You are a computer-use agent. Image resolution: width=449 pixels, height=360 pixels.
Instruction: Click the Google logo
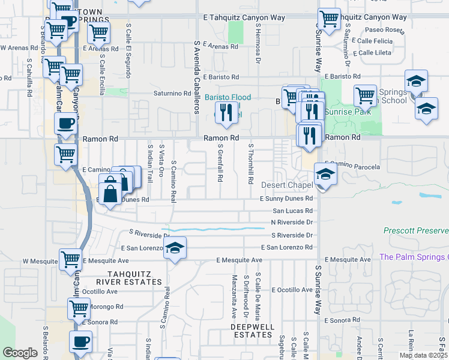point(20,353)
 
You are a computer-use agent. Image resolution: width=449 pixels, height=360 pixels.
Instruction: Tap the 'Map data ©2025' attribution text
point(423,355)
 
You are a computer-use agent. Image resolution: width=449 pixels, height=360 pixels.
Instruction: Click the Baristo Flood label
point(228,97)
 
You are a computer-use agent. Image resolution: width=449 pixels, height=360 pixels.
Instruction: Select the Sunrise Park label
point(346,112)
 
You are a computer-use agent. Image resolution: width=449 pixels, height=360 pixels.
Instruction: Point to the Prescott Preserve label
point(416,230)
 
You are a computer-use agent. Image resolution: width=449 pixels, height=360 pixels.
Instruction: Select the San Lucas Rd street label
point(292,211)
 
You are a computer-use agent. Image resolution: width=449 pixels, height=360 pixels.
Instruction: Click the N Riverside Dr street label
point(292,222)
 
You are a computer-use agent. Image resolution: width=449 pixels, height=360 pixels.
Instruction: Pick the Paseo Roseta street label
point(372,31)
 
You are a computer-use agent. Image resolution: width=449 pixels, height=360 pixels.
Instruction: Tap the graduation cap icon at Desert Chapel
point(325,173)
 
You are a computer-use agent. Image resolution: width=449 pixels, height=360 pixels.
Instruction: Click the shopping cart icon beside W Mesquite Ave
point(70,259)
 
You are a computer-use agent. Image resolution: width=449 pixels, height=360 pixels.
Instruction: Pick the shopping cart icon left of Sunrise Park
point(365,94)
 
